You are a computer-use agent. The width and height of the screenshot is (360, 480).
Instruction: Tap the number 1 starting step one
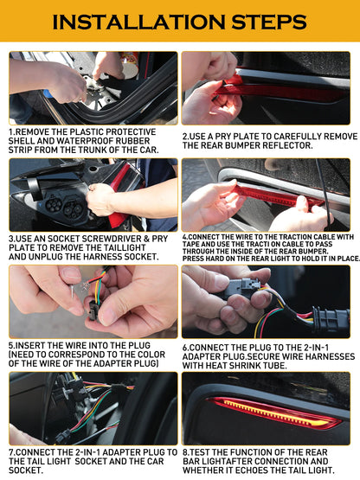pyautogui.click(x=10, y=132)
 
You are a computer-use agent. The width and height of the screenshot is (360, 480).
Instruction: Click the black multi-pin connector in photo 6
pyautogui.click(x=331, y=320)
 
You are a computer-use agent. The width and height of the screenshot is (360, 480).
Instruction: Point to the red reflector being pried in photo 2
pyautogui.click(x=276, y=91)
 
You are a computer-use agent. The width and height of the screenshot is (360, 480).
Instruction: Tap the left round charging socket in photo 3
pyautogui.click(x=54, y=205)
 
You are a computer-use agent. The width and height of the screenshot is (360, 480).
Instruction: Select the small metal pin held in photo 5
pyautogui.click(x=73, y=291)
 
